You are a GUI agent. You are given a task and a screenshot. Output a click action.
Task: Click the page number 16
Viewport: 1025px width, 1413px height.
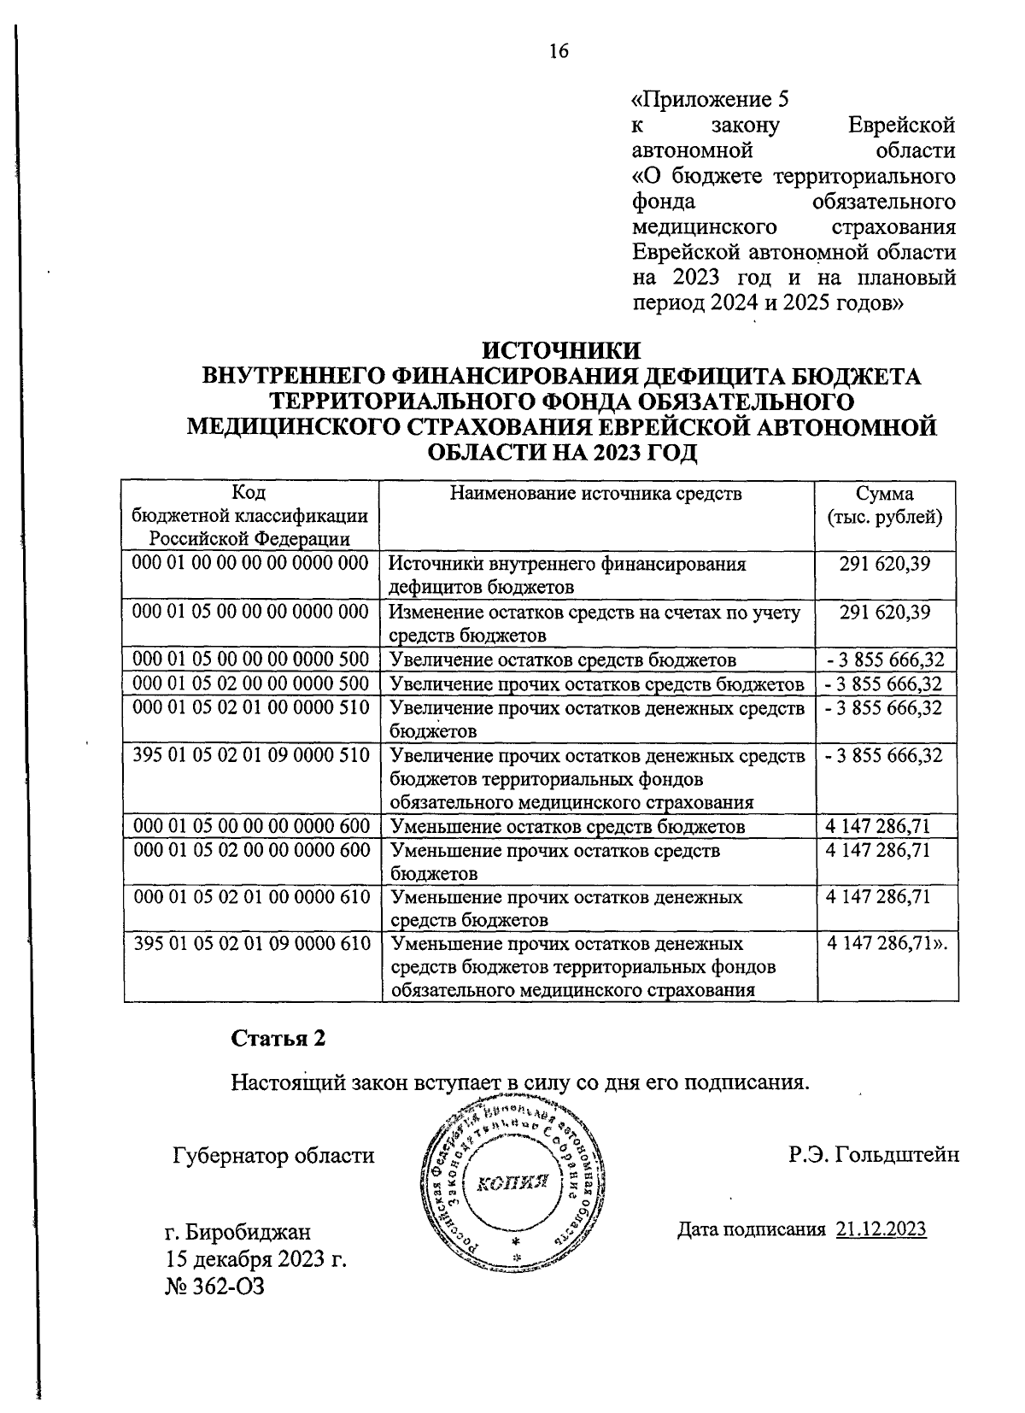[559, 51]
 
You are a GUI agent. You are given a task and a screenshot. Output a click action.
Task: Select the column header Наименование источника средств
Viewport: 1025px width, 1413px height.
[596, 494]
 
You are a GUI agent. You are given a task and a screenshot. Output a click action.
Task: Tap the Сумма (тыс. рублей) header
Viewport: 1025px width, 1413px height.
[885, 506]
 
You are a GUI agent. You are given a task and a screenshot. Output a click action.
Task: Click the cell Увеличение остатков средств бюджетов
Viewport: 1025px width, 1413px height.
[562, 660]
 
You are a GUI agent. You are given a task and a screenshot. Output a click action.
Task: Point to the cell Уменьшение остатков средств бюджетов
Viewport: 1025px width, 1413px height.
[567, 827]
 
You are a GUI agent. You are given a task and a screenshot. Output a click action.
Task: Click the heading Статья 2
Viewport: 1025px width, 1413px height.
[278, 1038]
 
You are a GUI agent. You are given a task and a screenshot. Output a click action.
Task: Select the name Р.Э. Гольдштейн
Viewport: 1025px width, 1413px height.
[874, 1155]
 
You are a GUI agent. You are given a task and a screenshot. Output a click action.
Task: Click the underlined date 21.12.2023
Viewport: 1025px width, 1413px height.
[881, 1229]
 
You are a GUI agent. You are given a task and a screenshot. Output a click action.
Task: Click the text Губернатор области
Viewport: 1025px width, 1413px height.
[273, 1156]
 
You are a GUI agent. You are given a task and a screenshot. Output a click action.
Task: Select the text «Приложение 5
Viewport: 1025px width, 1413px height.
[709, 100]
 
